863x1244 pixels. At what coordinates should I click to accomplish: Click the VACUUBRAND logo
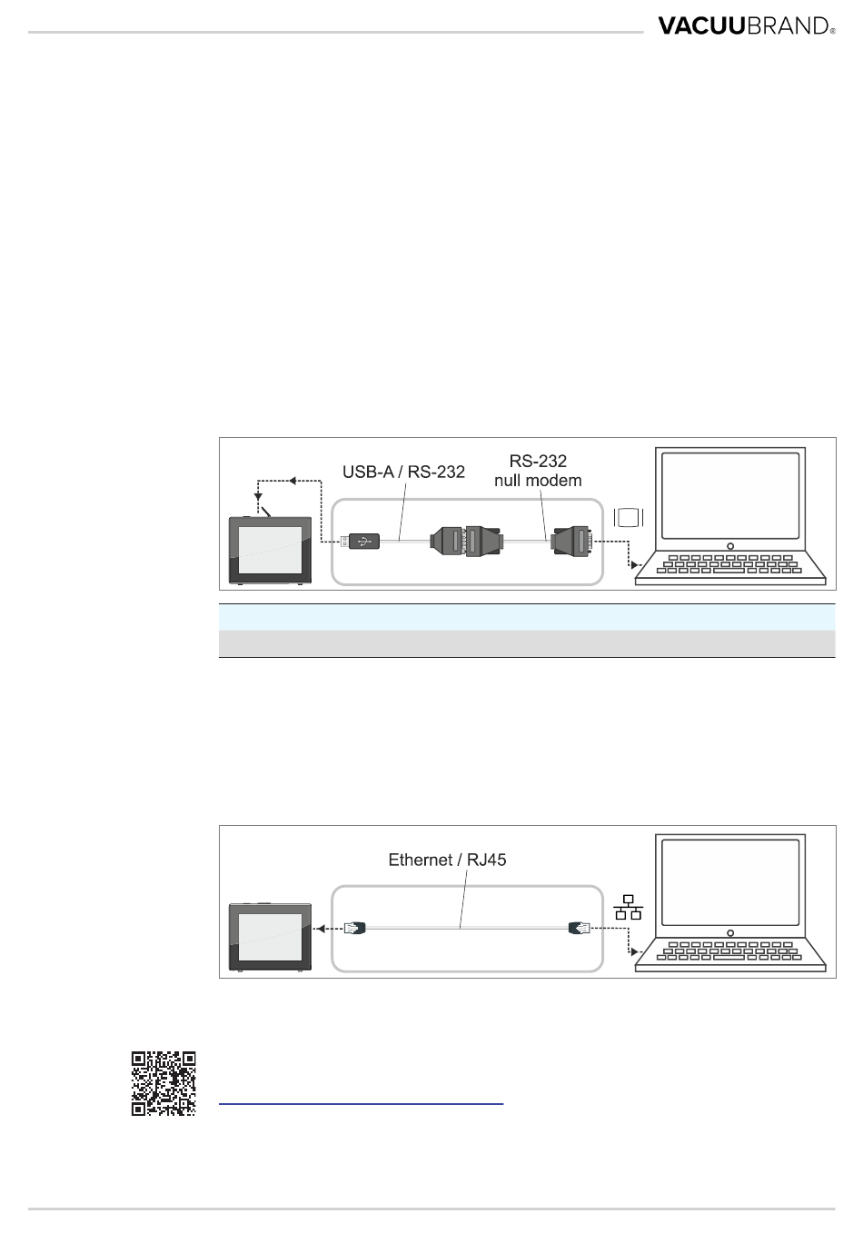pyautogui.click(x=744, y=25)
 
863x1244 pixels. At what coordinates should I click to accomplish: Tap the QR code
pyautogui.click(x=164, y=1083)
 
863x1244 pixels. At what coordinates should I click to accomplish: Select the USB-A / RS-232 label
pyautogui.click(x=403, y=472)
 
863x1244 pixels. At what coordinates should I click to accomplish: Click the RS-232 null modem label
pyautogui.click(x=538, y=471)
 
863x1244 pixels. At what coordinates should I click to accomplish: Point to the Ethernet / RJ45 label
pyautogui.click(x=447, y=859)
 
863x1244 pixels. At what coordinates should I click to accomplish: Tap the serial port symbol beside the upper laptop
pyautogui.click(x=629, y=517)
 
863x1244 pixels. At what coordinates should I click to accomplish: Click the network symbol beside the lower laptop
pyautogui.click(x=628, y=906)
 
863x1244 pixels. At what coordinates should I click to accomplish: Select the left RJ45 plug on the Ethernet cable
pyautogui.click(x=355, y=928)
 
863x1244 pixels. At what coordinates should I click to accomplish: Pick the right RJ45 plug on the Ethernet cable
pyautogui.click(x=579, y=928)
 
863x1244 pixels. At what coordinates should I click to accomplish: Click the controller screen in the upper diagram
pyautogui.click(x=270, y=553)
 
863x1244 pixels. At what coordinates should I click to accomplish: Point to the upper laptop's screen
pyautogui.click(x=731, y=496)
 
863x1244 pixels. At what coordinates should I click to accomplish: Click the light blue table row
pyautogui.click(x=527, y=618)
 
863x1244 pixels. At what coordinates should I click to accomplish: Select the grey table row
pyautogui.click(x=527, y=643)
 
